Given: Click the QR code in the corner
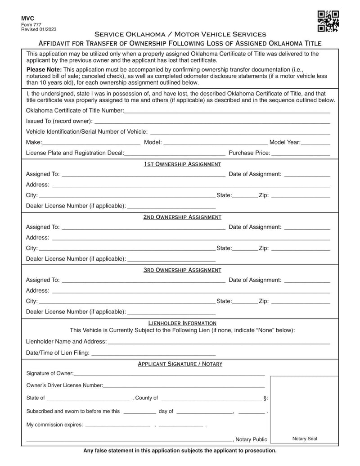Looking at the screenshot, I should (328, 21).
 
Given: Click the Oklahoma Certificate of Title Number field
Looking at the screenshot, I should (227, 111).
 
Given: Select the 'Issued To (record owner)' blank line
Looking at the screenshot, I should (211, 121).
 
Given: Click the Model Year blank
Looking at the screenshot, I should (316, 143).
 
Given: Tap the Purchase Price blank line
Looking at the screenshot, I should (301, 153).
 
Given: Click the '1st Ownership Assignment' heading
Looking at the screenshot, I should (182, 164).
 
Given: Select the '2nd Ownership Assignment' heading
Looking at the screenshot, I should (182, 217).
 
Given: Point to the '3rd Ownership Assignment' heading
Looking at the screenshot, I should (182, 270).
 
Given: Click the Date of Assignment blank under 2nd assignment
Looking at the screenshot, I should (307, 227).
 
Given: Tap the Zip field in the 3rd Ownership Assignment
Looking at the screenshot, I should (301, 301).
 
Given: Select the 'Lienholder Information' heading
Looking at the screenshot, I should (182, 323).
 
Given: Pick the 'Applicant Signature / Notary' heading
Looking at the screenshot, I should (180, 364).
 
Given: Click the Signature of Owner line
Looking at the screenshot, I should (169, 374).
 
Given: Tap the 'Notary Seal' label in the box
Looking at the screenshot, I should (305, 439).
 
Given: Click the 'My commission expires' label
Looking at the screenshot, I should (54, 425).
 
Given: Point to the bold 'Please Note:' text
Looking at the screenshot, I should (44, 70).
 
